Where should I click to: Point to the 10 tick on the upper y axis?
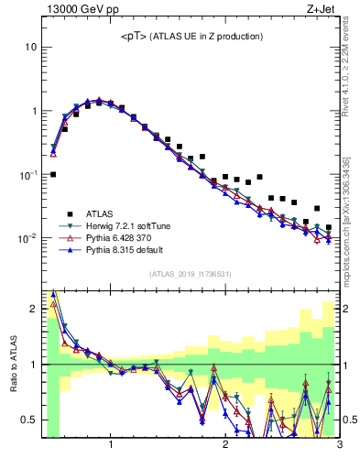point(30,47)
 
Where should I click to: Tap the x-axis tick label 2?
point(225,446)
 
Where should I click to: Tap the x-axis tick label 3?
point(338,446)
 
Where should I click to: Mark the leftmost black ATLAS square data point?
point(53,174)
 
